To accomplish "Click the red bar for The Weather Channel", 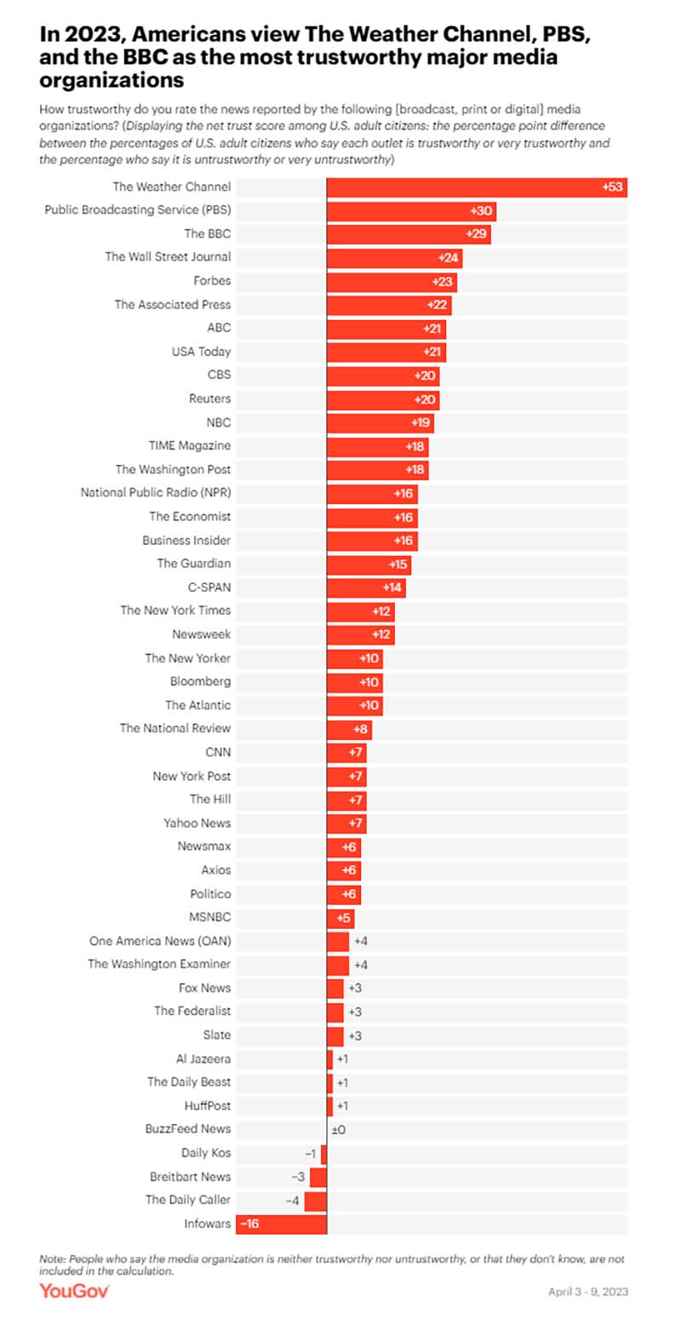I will point(477,187).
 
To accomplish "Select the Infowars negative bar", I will point(281,1224).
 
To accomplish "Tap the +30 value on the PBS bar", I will point(480,211).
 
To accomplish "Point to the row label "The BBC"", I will point(208,233).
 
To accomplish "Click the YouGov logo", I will point(74,1291).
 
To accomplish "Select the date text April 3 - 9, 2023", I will point(588,1292).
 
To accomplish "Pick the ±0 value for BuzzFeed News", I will point(338,1129).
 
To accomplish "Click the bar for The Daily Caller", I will point(316,1201).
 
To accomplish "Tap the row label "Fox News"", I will point(204,988).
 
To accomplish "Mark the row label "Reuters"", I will point(209,398).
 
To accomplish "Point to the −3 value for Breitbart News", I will point(298,1177).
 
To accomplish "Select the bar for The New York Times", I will point(360,611).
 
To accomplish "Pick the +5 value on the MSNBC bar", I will point(344,918).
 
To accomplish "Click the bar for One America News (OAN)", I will point(338,941).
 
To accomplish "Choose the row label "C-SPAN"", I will point(209,587).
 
